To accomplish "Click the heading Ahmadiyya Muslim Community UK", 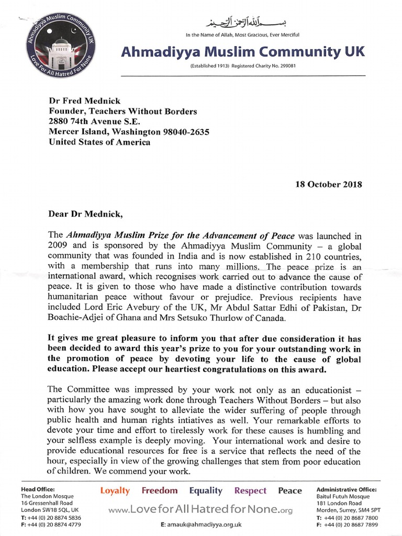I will coord(243,51).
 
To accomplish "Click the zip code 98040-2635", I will coord(183,132).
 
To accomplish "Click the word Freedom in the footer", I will coord(160,490).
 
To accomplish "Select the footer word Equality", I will coord(206,490).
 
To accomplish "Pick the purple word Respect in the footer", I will coord(250,490).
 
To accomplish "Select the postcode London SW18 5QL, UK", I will coord(50,509).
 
